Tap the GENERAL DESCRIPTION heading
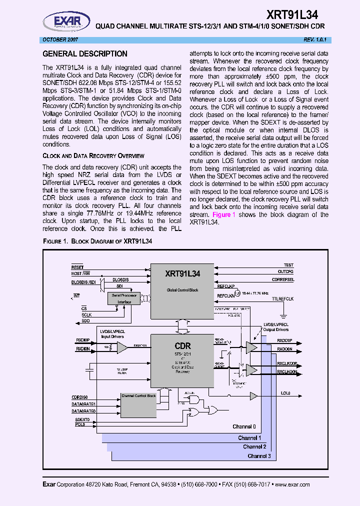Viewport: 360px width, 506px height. pos(85,54)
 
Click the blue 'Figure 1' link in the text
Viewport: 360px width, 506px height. pos(224,214)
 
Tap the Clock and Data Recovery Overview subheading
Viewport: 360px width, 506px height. pos(93,156)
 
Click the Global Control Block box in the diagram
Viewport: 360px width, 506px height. pos(182,289)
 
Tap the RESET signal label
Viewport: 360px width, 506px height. pos(77,267)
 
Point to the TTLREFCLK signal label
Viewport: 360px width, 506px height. pos(296,298)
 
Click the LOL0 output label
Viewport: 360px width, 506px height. pos(285,393)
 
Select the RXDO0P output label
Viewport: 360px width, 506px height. pos(287,341)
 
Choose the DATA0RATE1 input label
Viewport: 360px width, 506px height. pos(84,403)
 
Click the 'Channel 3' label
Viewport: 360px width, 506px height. pos(259,456)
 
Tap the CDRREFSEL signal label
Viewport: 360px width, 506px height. pos(283,279)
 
